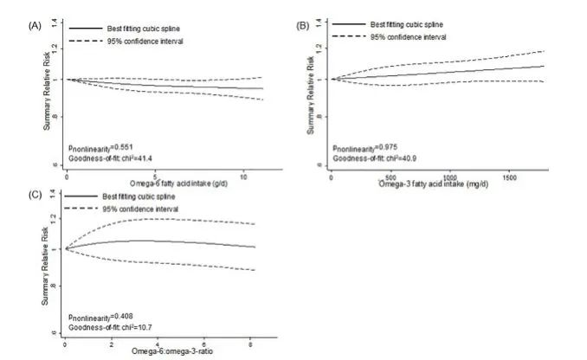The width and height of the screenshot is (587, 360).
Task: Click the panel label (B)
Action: pyautogui.click(x=303, y=26)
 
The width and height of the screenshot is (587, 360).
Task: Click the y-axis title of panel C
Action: pyautogui.click(x=48, y=268)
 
